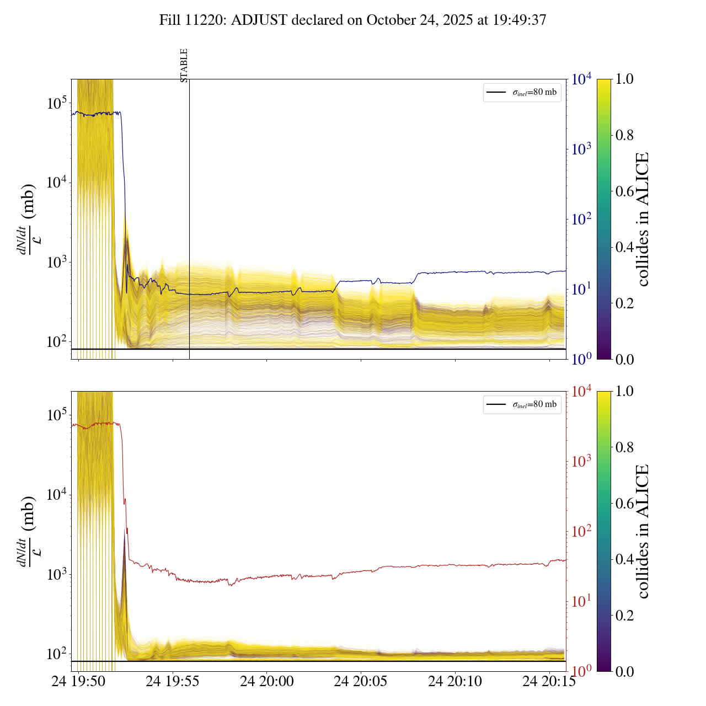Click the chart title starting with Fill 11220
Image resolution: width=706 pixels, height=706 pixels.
(x=353, y=20)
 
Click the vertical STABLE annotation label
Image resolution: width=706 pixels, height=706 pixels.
(x=184, y=65)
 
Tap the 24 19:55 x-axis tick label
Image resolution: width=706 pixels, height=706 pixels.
(x=172, y=682)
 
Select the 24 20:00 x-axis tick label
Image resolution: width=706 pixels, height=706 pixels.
(x=266, y=682)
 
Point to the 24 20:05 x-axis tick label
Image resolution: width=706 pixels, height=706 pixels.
(x=361, y=682)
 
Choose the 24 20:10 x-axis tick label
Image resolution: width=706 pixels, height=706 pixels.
(x=455, y=682)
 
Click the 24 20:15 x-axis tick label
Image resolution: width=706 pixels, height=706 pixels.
(x=549, y=682)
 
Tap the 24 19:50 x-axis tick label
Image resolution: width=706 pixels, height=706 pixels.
(x=78, y=682)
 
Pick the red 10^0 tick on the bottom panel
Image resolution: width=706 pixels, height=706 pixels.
(x=582, y=671)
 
